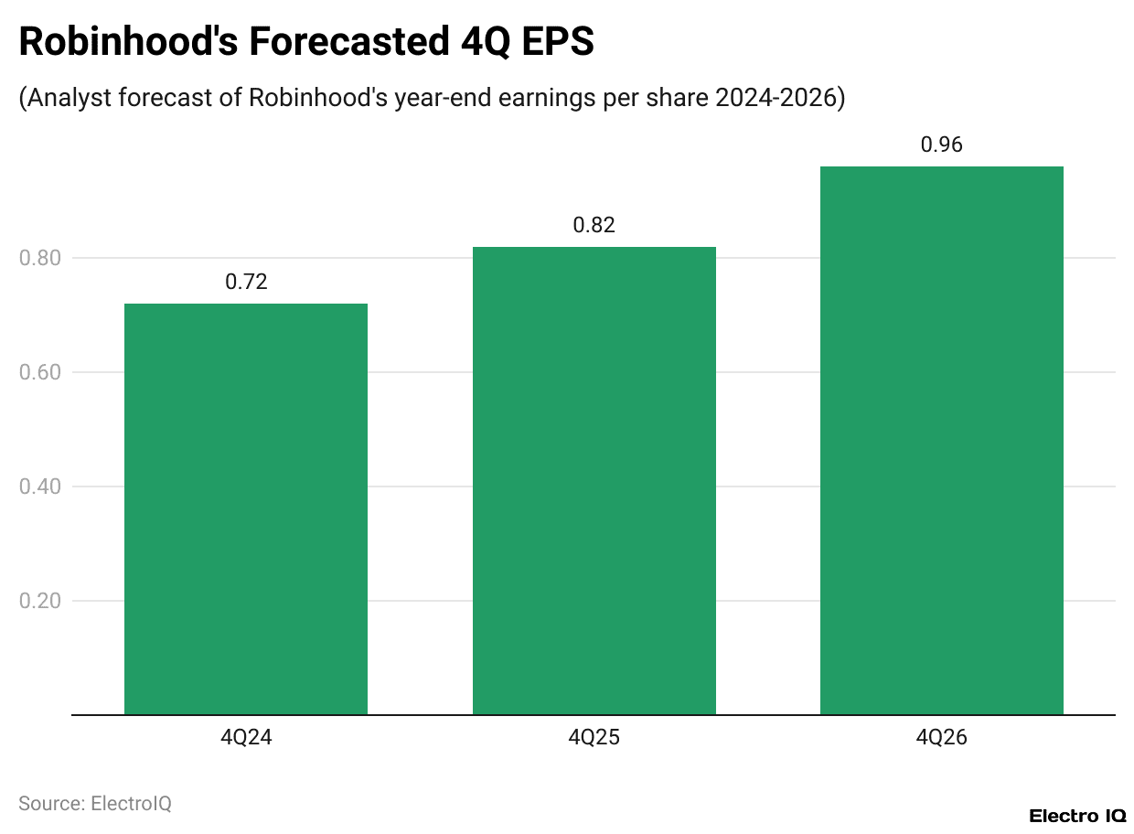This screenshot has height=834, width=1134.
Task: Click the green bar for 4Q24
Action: (x=246, y=508)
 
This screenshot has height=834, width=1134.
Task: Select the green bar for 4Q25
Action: (x=594, y=480)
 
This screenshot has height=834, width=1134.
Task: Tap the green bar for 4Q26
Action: (x=941, y=440)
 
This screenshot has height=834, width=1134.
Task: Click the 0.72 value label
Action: (x=246, y=282)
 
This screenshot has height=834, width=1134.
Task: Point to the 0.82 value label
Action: (x=594, y=225)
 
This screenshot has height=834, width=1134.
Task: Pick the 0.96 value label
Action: (x=941, y=144)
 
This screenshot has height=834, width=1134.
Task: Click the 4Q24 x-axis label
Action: (x=246, y=738)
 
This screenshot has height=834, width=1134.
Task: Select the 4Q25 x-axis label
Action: (x=594, y=738)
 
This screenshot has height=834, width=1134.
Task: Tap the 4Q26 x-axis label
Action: (x=941, y=738)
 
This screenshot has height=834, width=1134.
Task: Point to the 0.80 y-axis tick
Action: (x=39, y=258)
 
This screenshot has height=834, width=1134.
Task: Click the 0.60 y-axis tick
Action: (x=39, y=372)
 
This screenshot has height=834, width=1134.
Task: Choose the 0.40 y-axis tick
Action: (x=39, y=486)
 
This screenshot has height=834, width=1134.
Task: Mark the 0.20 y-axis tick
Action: (x=39, y=601)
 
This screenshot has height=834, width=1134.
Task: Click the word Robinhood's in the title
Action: (x=129, y=43)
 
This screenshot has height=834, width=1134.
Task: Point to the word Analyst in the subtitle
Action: (x=66, y=98)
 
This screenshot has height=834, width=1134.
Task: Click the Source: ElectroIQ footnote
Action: (x=95, y=804)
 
